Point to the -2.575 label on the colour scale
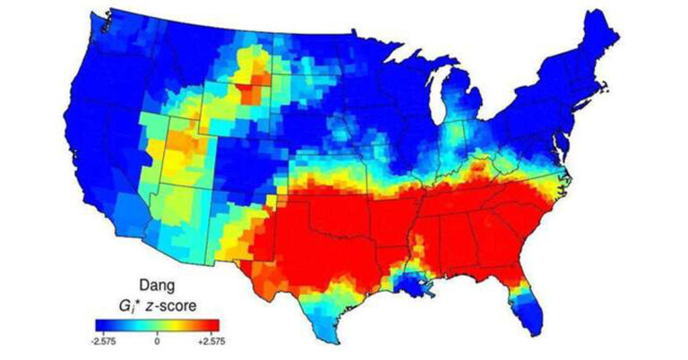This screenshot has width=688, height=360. coord(105,340)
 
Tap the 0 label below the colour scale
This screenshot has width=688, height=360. coord(157,340)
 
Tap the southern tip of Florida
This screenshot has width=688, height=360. coord(535,330)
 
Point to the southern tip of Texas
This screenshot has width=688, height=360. coord(338,339)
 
